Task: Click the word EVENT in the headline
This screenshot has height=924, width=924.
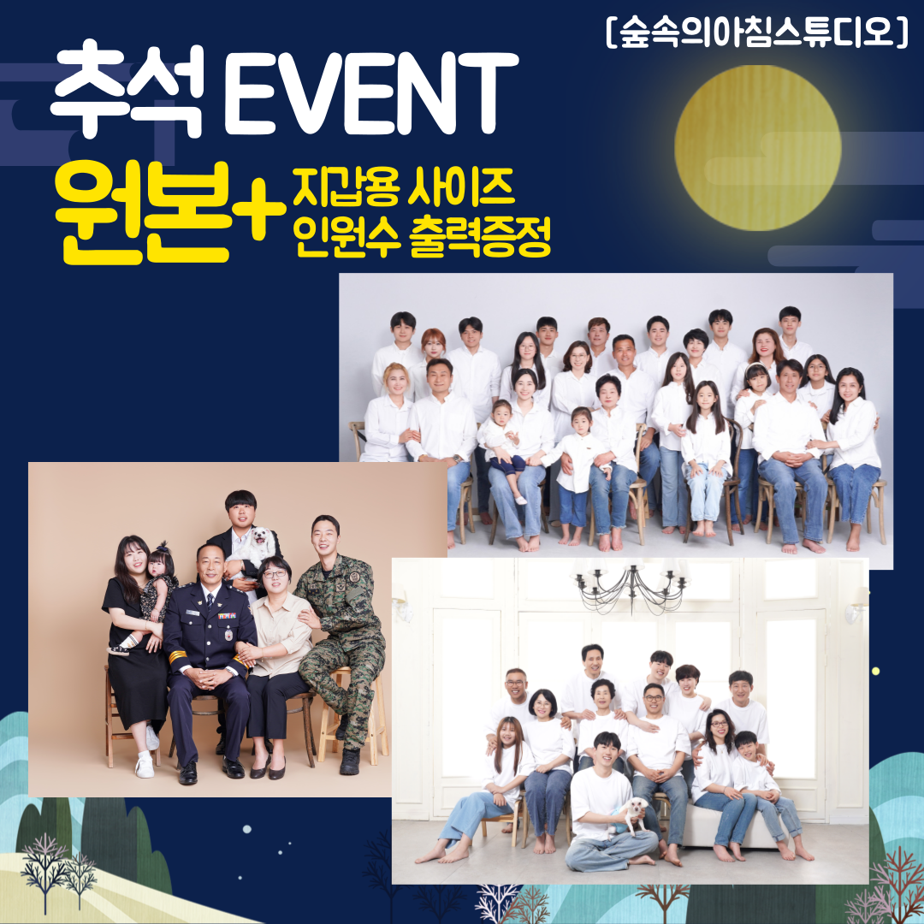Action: pyautogui.click(x=370, y=94)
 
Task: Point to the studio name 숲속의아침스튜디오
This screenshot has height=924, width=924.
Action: pyautogui.click(x=757, y=33)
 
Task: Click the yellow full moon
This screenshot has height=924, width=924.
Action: pyautogui.click(x=757, y=147)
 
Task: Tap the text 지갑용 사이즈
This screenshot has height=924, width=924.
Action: pyautogui.click(x=404, y=187)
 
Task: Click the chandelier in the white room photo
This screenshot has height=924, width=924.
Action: pyautogui.click(x=631, y=585)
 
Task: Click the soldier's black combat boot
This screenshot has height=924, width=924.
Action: pyautogui.click(x=350, y=761)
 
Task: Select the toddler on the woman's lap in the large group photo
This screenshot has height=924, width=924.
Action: pyautogui.click(x=502, y=445)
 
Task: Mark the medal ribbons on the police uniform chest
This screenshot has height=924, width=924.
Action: pyautogui.click(x=227, y=616)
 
